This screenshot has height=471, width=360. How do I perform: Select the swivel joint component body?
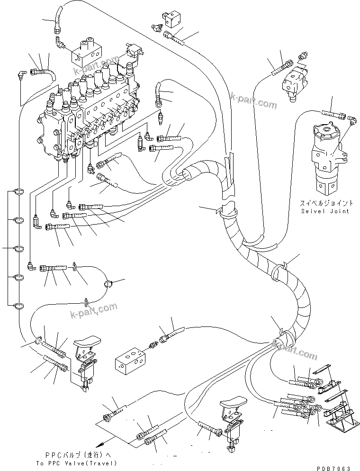tap(327, 156)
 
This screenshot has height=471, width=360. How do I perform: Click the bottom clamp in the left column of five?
tap(18, 305)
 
